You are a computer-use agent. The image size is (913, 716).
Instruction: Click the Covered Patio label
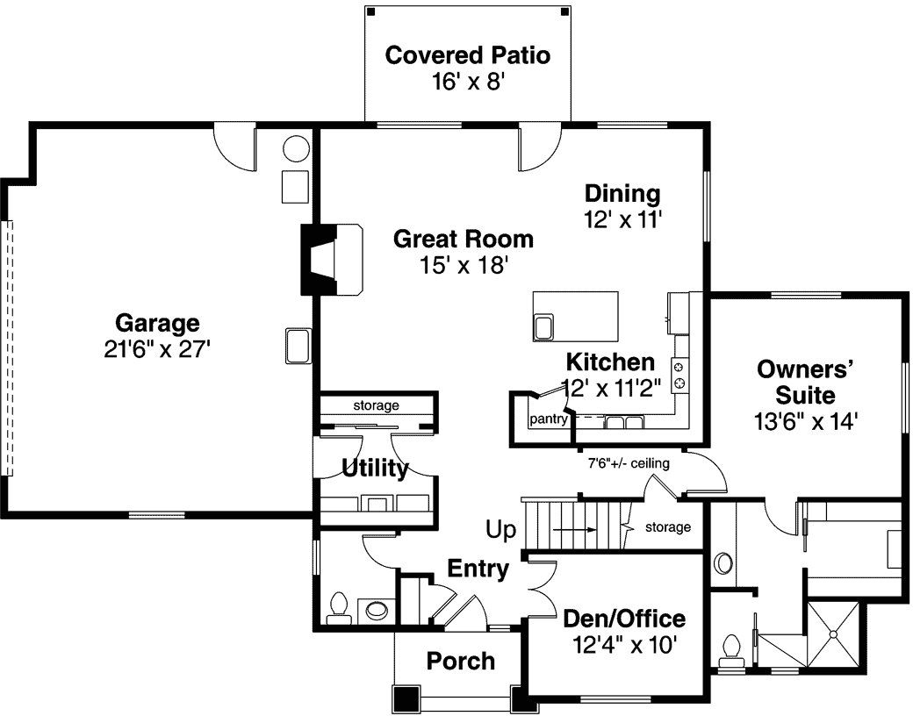pyautogui.click(x=468, y=56)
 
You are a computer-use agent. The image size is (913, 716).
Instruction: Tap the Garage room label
pyautogui.click(x=157, y=324)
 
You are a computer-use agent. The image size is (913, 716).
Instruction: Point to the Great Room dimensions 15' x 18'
pyautogui.click(x=464, y=265)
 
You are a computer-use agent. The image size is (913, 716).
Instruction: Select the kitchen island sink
pyautogui.click(x=543, y=326)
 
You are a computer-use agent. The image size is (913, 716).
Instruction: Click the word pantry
pyautogui.click(x=549, y=419)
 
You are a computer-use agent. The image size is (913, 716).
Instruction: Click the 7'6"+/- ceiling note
pyautogui.click(x=629, y=463)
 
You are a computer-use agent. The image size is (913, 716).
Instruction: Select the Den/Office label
pyautogui.click(x=623, y=619)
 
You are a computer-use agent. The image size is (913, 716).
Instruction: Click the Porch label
pyautogui.click(x=460, y=661)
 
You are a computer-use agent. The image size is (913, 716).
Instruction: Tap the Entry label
pyautogui.click(x=478, y=569)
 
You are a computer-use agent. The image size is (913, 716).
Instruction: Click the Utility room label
pyautogui.click(x=374, y=469)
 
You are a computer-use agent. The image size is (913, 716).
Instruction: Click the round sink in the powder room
pyautogui.click(x=377, y=609)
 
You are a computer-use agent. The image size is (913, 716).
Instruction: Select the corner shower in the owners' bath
pyautogui.click(x=835, y=634)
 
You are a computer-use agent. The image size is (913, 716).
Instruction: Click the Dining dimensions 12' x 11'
pyautogui.click(x=622, y=220)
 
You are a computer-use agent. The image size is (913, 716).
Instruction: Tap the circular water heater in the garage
pyautogui.click(x=296, y=147)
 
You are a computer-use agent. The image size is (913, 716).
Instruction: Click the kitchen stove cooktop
pyautogui.click(x=679, y=374)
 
